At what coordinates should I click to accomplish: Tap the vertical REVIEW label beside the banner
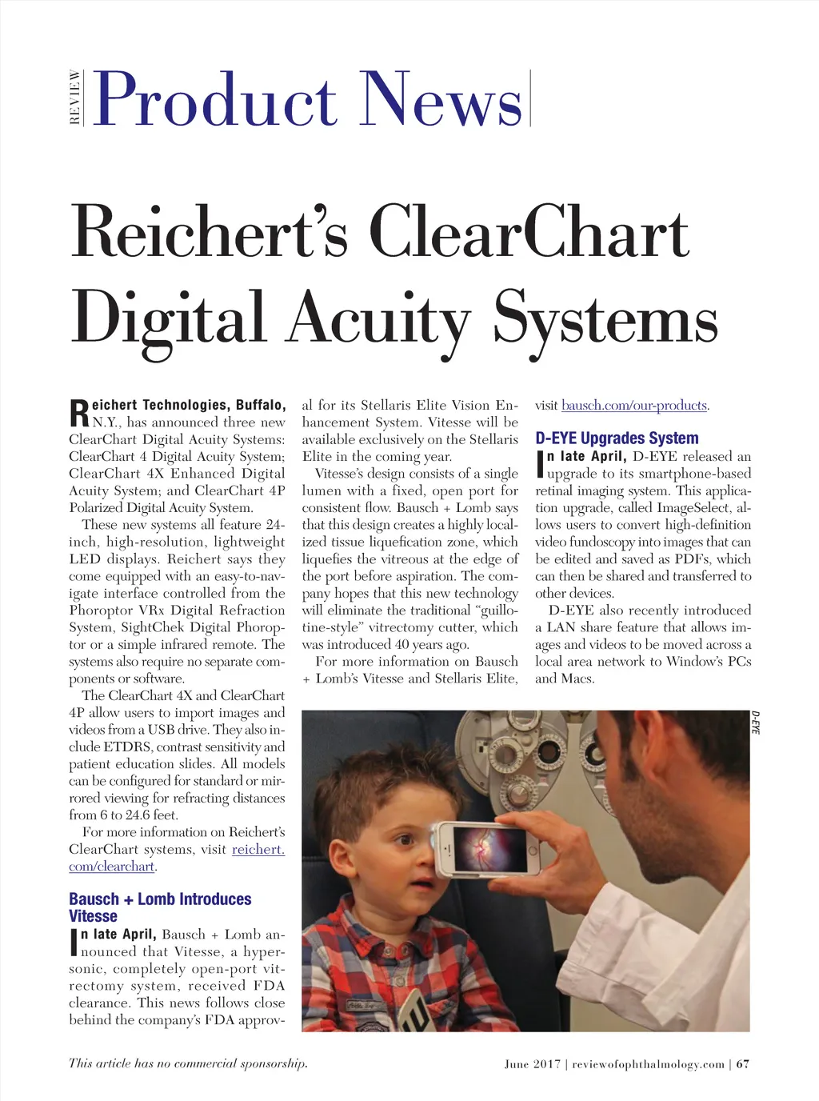[75, 98]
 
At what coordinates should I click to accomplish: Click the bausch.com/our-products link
[634, 406]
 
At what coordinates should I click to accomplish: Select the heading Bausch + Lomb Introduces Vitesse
[160, 907]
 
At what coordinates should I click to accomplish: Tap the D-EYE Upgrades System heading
[617, 438]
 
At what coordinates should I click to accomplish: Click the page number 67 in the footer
[743, 1064]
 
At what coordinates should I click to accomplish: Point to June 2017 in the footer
[532, 1064]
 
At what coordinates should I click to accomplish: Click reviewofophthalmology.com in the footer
[648, 1064]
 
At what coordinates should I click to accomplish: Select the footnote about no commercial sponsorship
[188, 1063]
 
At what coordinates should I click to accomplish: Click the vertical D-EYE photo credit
[756, 722]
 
